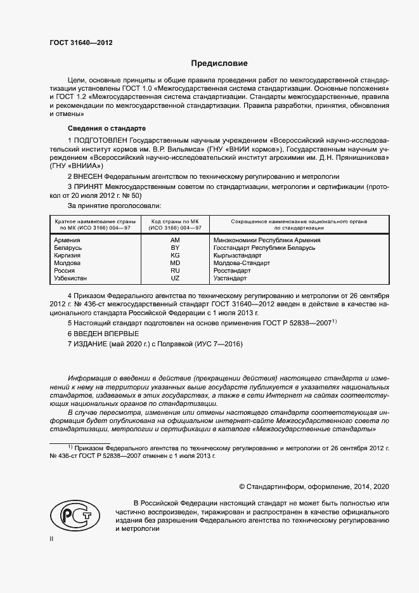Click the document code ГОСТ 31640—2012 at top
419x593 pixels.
[x=81, y=42]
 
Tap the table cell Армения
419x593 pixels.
[x=67, y=240]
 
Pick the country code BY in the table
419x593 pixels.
[x=175, y=247]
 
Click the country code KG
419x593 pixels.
[x=175, y=255]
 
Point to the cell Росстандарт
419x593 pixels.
[x=232, y=270]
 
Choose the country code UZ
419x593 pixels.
[x=175, y=278]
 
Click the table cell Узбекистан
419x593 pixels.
[x=71, y=278]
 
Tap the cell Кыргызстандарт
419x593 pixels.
[x=238, y=255]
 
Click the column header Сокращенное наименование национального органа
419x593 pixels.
[x=290, y=223]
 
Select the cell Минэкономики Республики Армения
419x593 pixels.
[x=266, y=240]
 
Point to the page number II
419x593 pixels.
[x=51, y=538]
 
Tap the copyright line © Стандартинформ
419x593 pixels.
[x=313, y=486]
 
